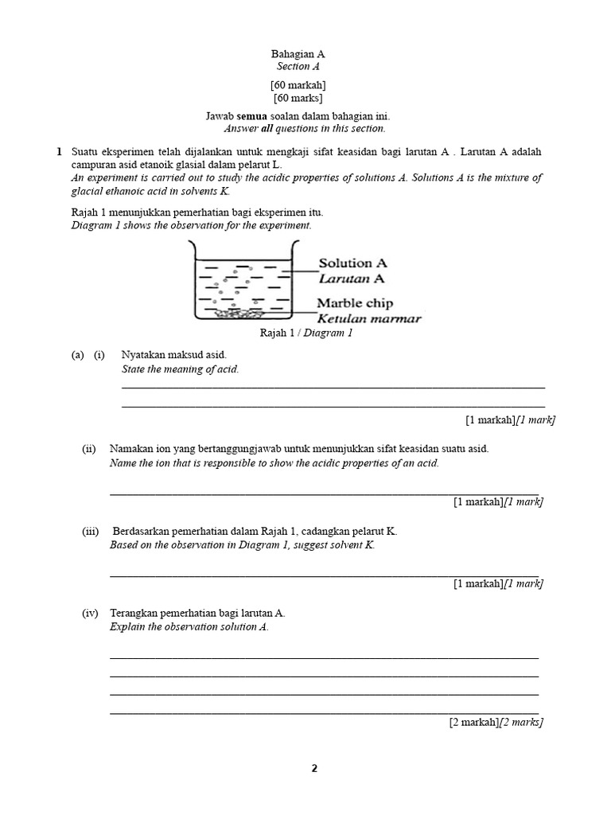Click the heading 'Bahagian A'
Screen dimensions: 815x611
pos(298,54)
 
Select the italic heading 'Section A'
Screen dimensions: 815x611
pos(298,67)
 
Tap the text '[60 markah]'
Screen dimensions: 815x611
pos(298,85)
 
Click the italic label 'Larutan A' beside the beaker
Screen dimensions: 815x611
pos(352,278)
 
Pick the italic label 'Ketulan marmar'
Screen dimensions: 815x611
pos(369,319)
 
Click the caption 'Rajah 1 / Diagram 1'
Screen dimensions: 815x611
pos(305,333)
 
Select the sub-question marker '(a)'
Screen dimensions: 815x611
pos(78,355)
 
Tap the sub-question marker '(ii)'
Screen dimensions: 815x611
pos(89,449)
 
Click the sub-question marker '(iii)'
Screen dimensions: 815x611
pos(90,532)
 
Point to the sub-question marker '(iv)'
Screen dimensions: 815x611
pos(90,613)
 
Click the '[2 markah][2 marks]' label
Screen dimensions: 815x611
pos(496,722)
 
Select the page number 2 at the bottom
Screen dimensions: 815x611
pos(313,769)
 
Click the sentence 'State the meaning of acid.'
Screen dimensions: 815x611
pos(180,369)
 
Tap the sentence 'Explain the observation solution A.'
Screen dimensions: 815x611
pos(189,626)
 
